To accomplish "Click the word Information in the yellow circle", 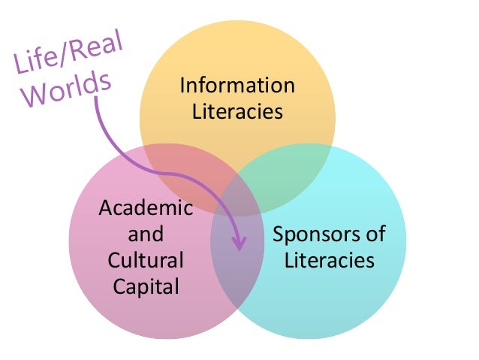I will coord(237,86).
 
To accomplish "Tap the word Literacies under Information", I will coord(237,111).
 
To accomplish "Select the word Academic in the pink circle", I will coord(146,208).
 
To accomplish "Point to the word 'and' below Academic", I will coord(146,234).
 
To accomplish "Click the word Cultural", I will coord(146,260).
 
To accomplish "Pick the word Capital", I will coord(146,286).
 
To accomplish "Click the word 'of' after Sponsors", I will coord(375,234).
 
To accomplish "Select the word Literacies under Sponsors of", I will coord(329,260).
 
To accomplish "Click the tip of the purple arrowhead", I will coord(239,250).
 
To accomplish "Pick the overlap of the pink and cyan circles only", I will coord(237,278).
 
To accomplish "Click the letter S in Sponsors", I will coord(277,234).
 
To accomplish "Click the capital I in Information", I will coord(182,86).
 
